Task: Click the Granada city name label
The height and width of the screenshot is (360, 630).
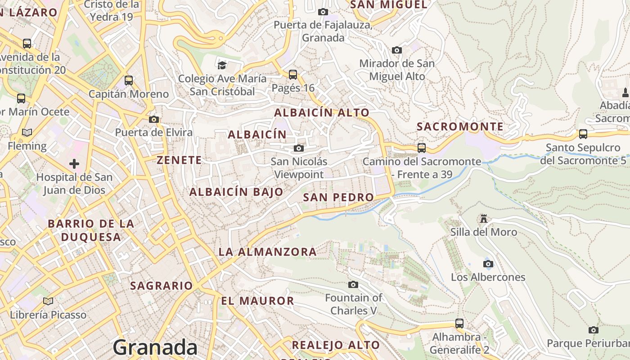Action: pyautogui.click(x=155, y=347)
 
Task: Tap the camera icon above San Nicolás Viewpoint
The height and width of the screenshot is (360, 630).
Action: pyautogui.click(x=298, y=148)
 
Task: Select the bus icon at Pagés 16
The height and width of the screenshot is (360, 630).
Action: pyautogui.click(x=293, y=74)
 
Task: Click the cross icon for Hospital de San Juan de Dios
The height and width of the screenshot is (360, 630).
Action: pyautogui.click(x=74, y=163)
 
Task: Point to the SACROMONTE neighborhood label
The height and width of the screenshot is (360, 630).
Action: pyautogui.click(x=460, y=126)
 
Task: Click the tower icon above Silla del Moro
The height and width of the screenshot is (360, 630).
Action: pyautogui.click(x=484, y=219)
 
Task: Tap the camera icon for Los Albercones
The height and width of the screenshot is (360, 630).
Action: pyautogui.click(x=488, y=264)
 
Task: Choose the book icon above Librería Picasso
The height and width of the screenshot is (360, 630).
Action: pyautogui.click(x=48, y=301)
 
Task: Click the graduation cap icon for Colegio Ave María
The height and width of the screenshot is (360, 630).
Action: pyautogui.click(x=222, y=65)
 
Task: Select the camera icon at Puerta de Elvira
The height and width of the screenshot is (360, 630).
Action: pyautogui.click(x=154, y=119)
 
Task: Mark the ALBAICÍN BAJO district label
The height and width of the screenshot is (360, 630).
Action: pyautogui.click(x=236, y=192)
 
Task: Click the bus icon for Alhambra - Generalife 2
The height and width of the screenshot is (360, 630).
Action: pyautogui.click(x=459, y=323)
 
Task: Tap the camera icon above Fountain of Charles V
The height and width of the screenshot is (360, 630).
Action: pyautogui.click(x=353, y=284)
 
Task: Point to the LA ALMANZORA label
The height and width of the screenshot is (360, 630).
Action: pyautogui.click(x=268, y=252)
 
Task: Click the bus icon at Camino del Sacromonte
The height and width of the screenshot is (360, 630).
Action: pyautogui.click(x=421, y=148)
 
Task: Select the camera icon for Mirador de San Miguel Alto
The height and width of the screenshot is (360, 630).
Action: pyautogui.click(x=396, y=50)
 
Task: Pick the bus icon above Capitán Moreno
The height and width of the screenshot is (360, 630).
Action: pyautogui.click(x=129, y=81)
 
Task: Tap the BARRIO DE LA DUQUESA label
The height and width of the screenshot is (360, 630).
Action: pyautogui.click(x=91, y=230)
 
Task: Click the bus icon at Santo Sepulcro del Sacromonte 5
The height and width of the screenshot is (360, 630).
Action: pyautogui.click(x=583, y=134)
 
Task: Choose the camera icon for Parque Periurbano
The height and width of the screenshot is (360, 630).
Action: pyautogui.click(x=593, y=330)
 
